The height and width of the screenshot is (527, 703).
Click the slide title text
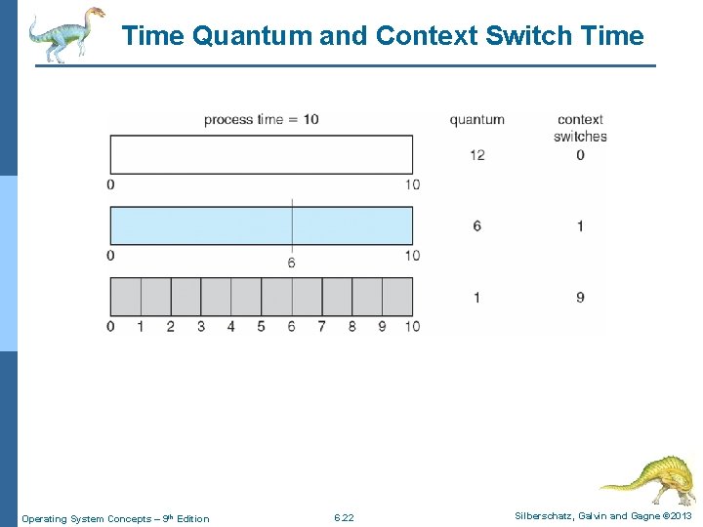pos(383,36)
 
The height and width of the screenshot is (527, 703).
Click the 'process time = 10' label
pos(261,119)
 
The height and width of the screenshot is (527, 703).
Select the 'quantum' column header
pos(476,119)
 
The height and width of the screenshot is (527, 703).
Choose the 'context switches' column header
pos(580,128)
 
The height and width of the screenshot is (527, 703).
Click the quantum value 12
pos(476,154)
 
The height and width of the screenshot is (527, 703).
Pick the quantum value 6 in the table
pos(476,225)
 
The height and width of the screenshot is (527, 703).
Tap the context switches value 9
pos(580,297)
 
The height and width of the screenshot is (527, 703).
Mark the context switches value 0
pos(580,154)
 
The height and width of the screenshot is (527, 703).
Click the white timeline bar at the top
pos(261,154)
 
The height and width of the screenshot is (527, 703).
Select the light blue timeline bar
pos(261,225)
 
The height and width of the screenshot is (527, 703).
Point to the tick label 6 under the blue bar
pos(291,263)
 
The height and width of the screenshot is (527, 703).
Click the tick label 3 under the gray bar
pos(200,326)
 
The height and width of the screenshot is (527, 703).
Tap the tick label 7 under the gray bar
pos(321,326)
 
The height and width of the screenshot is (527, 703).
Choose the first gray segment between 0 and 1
pos(125,296)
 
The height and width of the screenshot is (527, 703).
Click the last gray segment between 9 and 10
pos(397,296)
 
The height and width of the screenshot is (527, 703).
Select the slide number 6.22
pos(344,517)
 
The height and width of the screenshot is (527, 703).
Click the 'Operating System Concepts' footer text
pos(114,518)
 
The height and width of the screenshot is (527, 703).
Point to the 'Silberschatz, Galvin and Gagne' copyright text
pos(603,515)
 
